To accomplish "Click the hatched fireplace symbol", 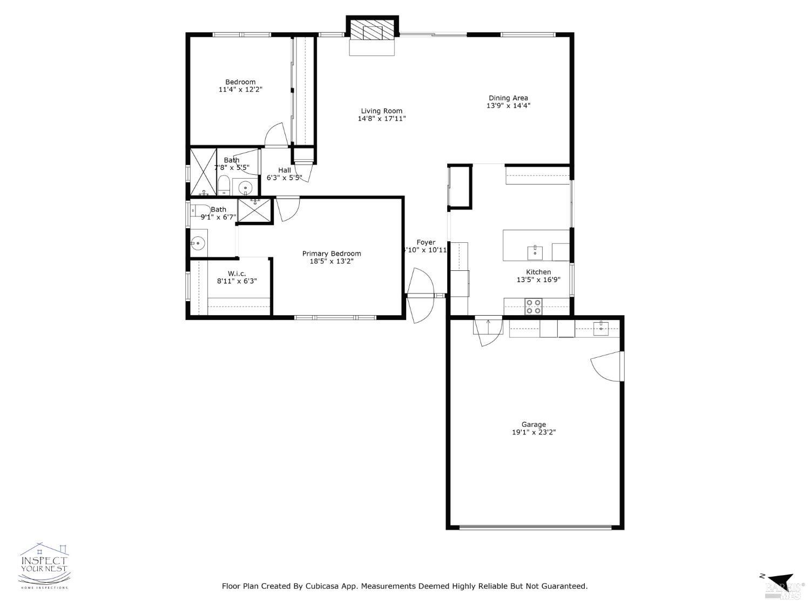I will pyautogui.click(x=372, y=30).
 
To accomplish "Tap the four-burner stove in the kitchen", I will pyautogui.click(x=534, y=306).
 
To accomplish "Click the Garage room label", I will pyautogui.click(x=534, y=425).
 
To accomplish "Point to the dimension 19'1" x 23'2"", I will pyautogui.click(x=534, y=432).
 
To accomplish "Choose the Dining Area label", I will pyautogui.click(x=508, y=98).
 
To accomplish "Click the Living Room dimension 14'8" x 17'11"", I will pyautogui.click(x=382, y=119).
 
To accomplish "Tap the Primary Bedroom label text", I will pyautogui.click(x=332, y=254).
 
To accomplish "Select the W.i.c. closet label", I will pyautogui.click(x=237, y=274).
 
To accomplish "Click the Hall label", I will pyautogui.click(x=285, y=170).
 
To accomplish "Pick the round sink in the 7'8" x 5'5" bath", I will pyautogui.click(x=246, y=188).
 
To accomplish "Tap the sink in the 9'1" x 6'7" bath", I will pyautogui.click(x=198, y=244).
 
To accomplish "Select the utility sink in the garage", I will pyautogui.click(x=600, y=328).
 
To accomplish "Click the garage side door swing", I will pyautogui.click(x=606, y=367).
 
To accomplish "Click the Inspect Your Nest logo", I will pyautogui.click(x=44, y=565).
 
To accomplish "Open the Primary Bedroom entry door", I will pyautogui.click(x=288, y=209).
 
